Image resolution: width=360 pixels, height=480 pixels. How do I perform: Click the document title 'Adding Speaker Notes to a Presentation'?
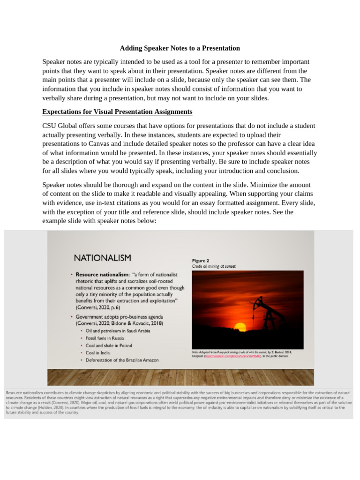(180, 48)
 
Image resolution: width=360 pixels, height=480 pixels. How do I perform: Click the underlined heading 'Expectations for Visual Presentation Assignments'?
(117, 112)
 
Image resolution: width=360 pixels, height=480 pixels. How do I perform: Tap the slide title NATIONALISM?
(102, 258)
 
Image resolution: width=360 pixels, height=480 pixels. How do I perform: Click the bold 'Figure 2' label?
(201, 260)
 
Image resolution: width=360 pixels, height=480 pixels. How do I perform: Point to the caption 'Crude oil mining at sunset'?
(214, 266)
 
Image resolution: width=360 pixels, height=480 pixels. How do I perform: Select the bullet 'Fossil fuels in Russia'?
(105, 338)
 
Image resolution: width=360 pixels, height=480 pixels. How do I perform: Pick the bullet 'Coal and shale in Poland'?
(109, 345)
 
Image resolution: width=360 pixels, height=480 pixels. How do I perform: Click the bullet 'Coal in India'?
(97, 352)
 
